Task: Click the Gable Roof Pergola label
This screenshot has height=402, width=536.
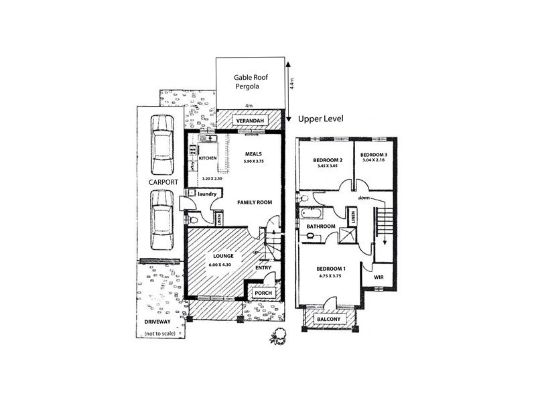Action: [252, 82]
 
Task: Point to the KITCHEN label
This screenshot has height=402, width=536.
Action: [208, 158]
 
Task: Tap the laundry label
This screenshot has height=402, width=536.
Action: [206, 194]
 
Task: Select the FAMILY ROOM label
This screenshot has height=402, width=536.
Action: [253, 202]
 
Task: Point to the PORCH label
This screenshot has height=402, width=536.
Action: [262, 293]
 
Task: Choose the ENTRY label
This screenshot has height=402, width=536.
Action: [263, 268]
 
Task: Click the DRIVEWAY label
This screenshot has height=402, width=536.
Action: [157, 323]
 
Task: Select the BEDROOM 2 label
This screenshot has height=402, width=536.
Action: [328, 160]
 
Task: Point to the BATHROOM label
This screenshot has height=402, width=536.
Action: [321, 226]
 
